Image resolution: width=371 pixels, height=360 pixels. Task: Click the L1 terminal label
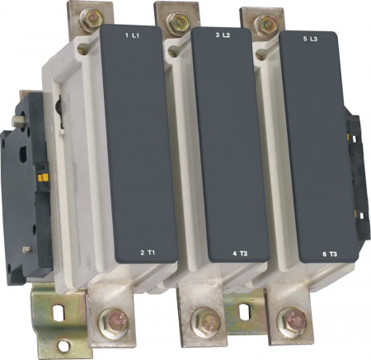(136, 35)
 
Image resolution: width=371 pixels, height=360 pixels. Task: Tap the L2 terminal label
(226, 35)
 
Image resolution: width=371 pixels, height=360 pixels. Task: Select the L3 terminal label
(313, 39)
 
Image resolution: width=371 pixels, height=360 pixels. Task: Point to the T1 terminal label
(151, 253)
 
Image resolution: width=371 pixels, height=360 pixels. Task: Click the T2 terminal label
(244, 254)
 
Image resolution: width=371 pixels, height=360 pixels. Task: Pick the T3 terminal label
(333, 255)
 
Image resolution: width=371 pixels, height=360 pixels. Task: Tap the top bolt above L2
(179, 21)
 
